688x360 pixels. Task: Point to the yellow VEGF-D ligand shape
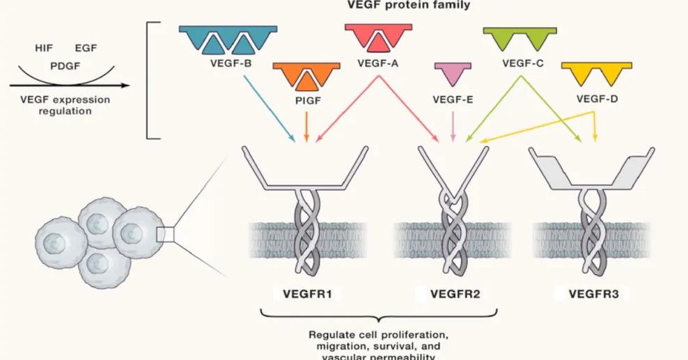[596, 72]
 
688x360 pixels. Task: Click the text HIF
[44, 48]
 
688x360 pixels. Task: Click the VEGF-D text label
[597, 98]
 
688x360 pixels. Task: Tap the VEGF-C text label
[522, 63]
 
